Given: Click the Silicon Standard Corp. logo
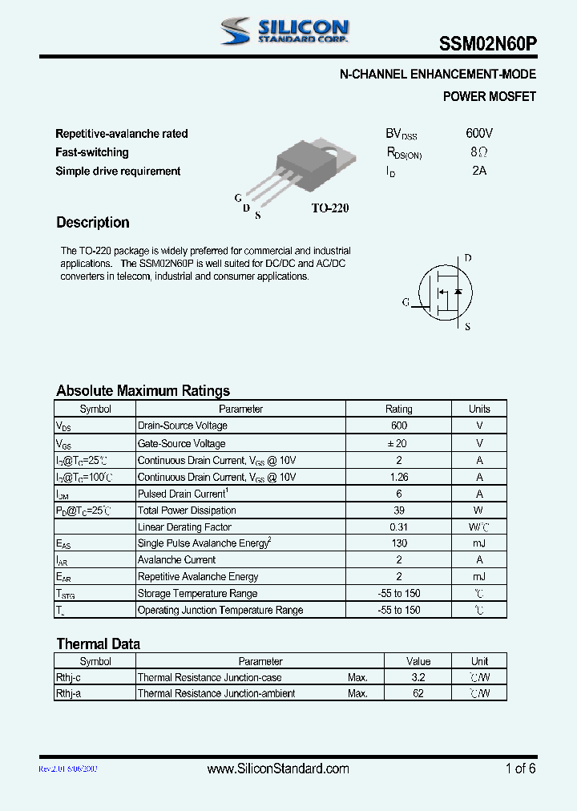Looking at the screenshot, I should (285, 31).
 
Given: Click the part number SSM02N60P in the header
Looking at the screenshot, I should (487, 46).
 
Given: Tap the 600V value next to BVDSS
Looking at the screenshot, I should (479, 133).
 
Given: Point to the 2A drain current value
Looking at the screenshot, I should (479, 171).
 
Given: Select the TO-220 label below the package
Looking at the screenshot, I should (330, 208).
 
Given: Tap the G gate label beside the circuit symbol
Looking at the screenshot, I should (406, 302).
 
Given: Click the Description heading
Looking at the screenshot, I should (92, 223).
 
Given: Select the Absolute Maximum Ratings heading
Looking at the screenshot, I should (143, 391).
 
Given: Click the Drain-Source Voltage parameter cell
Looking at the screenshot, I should (183, 426).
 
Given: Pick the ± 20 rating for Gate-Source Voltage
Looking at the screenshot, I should (398, 443).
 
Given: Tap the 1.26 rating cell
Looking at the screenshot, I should (398, 477).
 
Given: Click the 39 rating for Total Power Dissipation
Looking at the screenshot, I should (398, 510).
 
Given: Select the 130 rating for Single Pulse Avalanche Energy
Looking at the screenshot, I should (398, 543).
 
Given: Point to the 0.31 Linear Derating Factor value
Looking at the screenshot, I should (398, 527).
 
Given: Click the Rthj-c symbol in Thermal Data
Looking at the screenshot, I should (69, 677).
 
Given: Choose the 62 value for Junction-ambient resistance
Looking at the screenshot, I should (418, 693).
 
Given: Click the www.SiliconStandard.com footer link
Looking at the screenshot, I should (278, 769).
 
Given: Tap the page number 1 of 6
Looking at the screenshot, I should (520, 769).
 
